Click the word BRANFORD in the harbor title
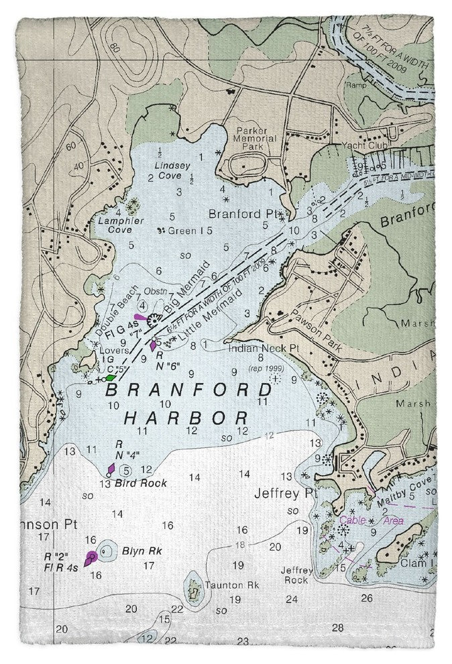(x=190, y=390)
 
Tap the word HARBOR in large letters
(x=186, y=417)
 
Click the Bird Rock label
(x=140, y=483)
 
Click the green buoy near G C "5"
(x=110, y=378)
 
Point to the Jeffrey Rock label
(x=296, y=575)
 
